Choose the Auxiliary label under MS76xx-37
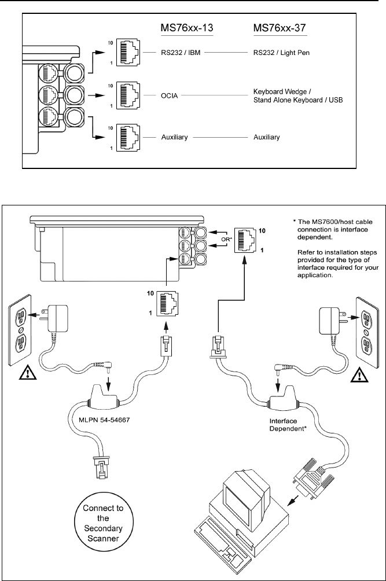pos(267,137)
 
